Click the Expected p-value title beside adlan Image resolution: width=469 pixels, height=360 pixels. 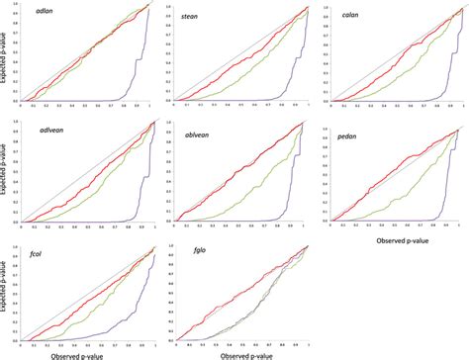tap(6, 59)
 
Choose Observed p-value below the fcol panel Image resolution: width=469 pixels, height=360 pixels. tap(86, 354)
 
